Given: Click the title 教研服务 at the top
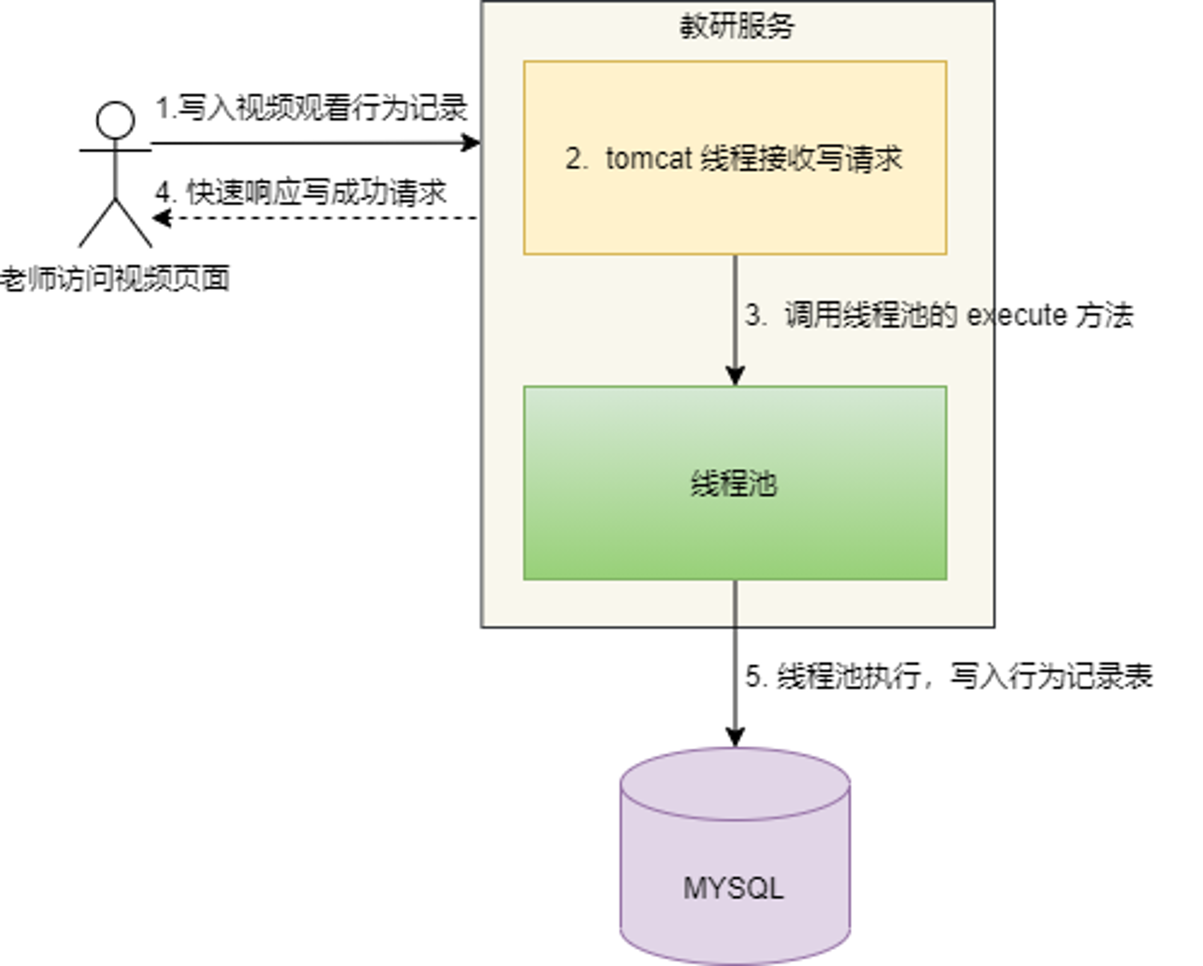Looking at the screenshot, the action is coord(737,26).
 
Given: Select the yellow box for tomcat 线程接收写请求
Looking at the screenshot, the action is coord(735,157).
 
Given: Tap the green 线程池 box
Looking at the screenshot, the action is coord(735,483).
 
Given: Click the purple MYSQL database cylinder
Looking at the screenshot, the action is coord(735,856).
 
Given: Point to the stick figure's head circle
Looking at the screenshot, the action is coord(115,120).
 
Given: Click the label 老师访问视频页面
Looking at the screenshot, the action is coord(115,279).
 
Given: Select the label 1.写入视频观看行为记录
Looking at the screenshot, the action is coord(312,108).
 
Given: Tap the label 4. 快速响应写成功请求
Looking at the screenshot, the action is coord(301,193).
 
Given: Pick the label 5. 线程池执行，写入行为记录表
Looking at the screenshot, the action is coord(949,676).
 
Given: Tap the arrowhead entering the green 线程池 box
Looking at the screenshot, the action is coord(735,375).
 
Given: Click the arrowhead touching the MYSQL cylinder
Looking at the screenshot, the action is coord(735,737).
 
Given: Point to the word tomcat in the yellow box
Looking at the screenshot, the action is coord(649,159).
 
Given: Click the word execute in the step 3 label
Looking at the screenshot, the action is coord(1017,316).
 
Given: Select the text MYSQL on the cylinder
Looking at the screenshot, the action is coord(734,888).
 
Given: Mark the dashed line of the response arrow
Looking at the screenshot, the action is coord(315,218).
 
